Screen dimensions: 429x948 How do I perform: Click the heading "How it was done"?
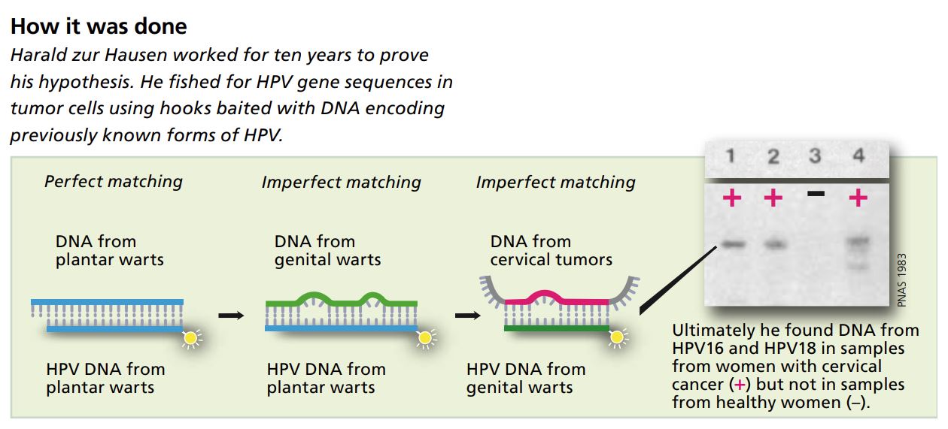coord(99,27)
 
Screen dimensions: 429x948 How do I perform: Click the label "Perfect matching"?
coord(114,182)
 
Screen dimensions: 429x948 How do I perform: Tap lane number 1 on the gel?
coord(731,156)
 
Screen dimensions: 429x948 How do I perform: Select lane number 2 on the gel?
coord(773,156)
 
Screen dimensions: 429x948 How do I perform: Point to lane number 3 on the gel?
coord(815,156)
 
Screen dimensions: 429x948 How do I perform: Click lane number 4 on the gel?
coord(858,156)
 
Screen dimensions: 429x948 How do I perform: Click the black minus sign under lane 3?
coord(815,194)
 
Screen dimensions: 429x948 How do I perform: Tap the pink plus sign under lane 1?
coord(731,198)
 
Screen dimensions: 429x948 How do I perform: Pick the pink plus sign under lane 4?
coord(858,198)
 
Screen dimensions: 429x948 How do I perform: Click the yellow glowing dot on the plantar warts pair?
coord(190,337)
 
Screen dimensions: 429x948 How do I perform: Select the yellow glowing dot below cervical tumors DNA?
coord(617,337)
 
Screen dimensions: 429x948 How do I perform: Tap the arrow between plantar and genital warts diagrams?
coord(232,315)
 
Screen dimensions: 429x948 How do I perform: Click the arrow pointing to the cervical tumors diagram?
coord(468,315)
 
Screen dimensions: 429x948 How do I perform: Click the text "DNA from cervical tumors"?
coord(551,251)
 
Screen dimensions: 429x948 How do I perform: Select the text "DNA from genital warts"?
coord(327,251)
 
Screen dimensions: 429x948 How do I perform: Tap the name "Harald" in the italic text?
coord(39,56)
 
